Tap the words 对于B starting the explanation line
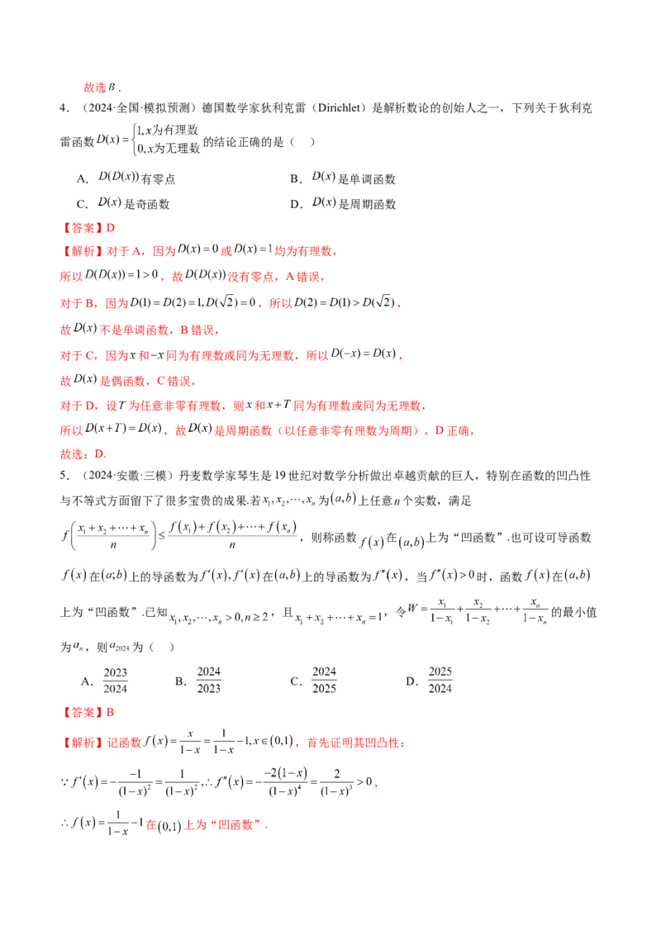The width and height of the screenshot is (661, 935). tap(74, 304)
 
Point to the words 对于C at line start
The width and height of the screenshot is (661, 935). tap(74, 357)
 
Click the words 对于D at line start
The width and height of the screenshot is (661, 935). tap(74, 406)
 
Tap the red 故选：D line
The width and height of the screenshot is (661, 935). tap(83, 455)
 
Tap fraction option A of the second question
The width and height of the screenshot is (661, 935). tap(112, 678)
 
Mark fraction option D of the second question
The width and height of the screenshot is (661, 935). tap(439, 678)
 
